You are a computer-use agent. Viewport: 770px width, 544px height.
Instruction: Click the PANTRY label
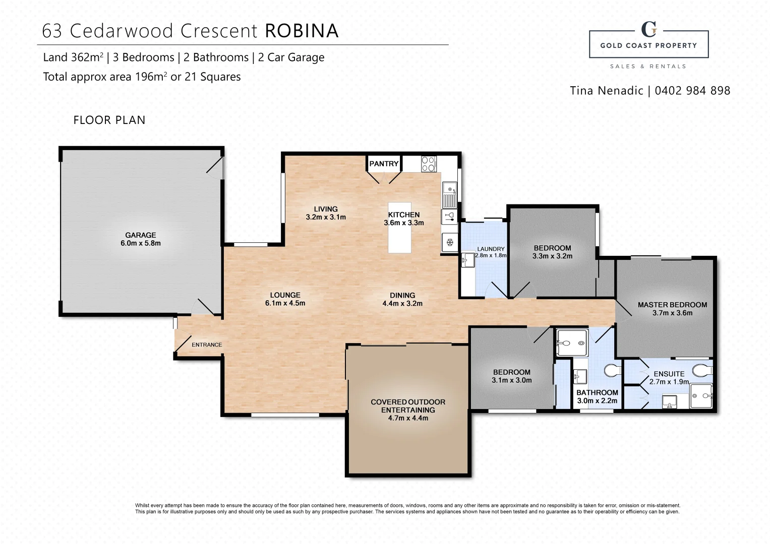(x=384, y=164)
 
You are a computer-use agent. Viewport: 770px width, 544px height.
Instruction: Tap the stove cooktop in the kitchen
(x=428, y=164)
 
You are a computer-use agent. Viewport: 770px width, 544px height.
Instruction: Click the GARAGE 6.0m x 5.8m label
(x=140, y=239)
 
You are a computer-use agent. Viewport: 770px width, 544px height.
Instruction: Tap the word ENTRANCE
(x=207, y=345)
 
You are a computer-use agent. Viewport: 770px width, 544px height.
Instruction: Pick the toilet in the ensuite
(x=701, y=371)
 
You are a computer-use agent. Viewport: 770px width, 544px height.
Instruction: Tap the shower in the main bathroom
(x=572, y=343)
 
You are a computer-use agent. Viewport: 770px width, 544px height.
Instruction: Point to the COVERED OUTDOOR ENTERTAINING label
(x=408, y=410)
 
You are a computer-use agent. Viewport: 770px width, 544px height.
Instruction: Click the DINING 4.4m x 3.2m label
(x=402, y=299)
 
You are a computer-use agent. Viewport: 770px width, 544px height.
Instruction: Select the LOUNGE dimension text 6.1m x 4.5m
(x=285, y=303)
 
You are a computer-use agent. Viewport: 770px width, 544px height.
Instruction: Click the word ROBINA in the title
(x=302, y=31)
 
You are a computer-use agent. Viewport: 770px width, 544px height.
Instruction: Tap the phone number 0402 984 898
(x=692, y=91)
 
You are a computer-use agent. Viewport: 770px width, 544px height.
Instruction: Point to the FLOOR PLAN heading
(x=109, y=120)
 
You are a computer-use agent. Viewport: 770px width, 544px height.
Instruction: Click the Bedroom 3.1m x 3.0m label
(x=511, y=376)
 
